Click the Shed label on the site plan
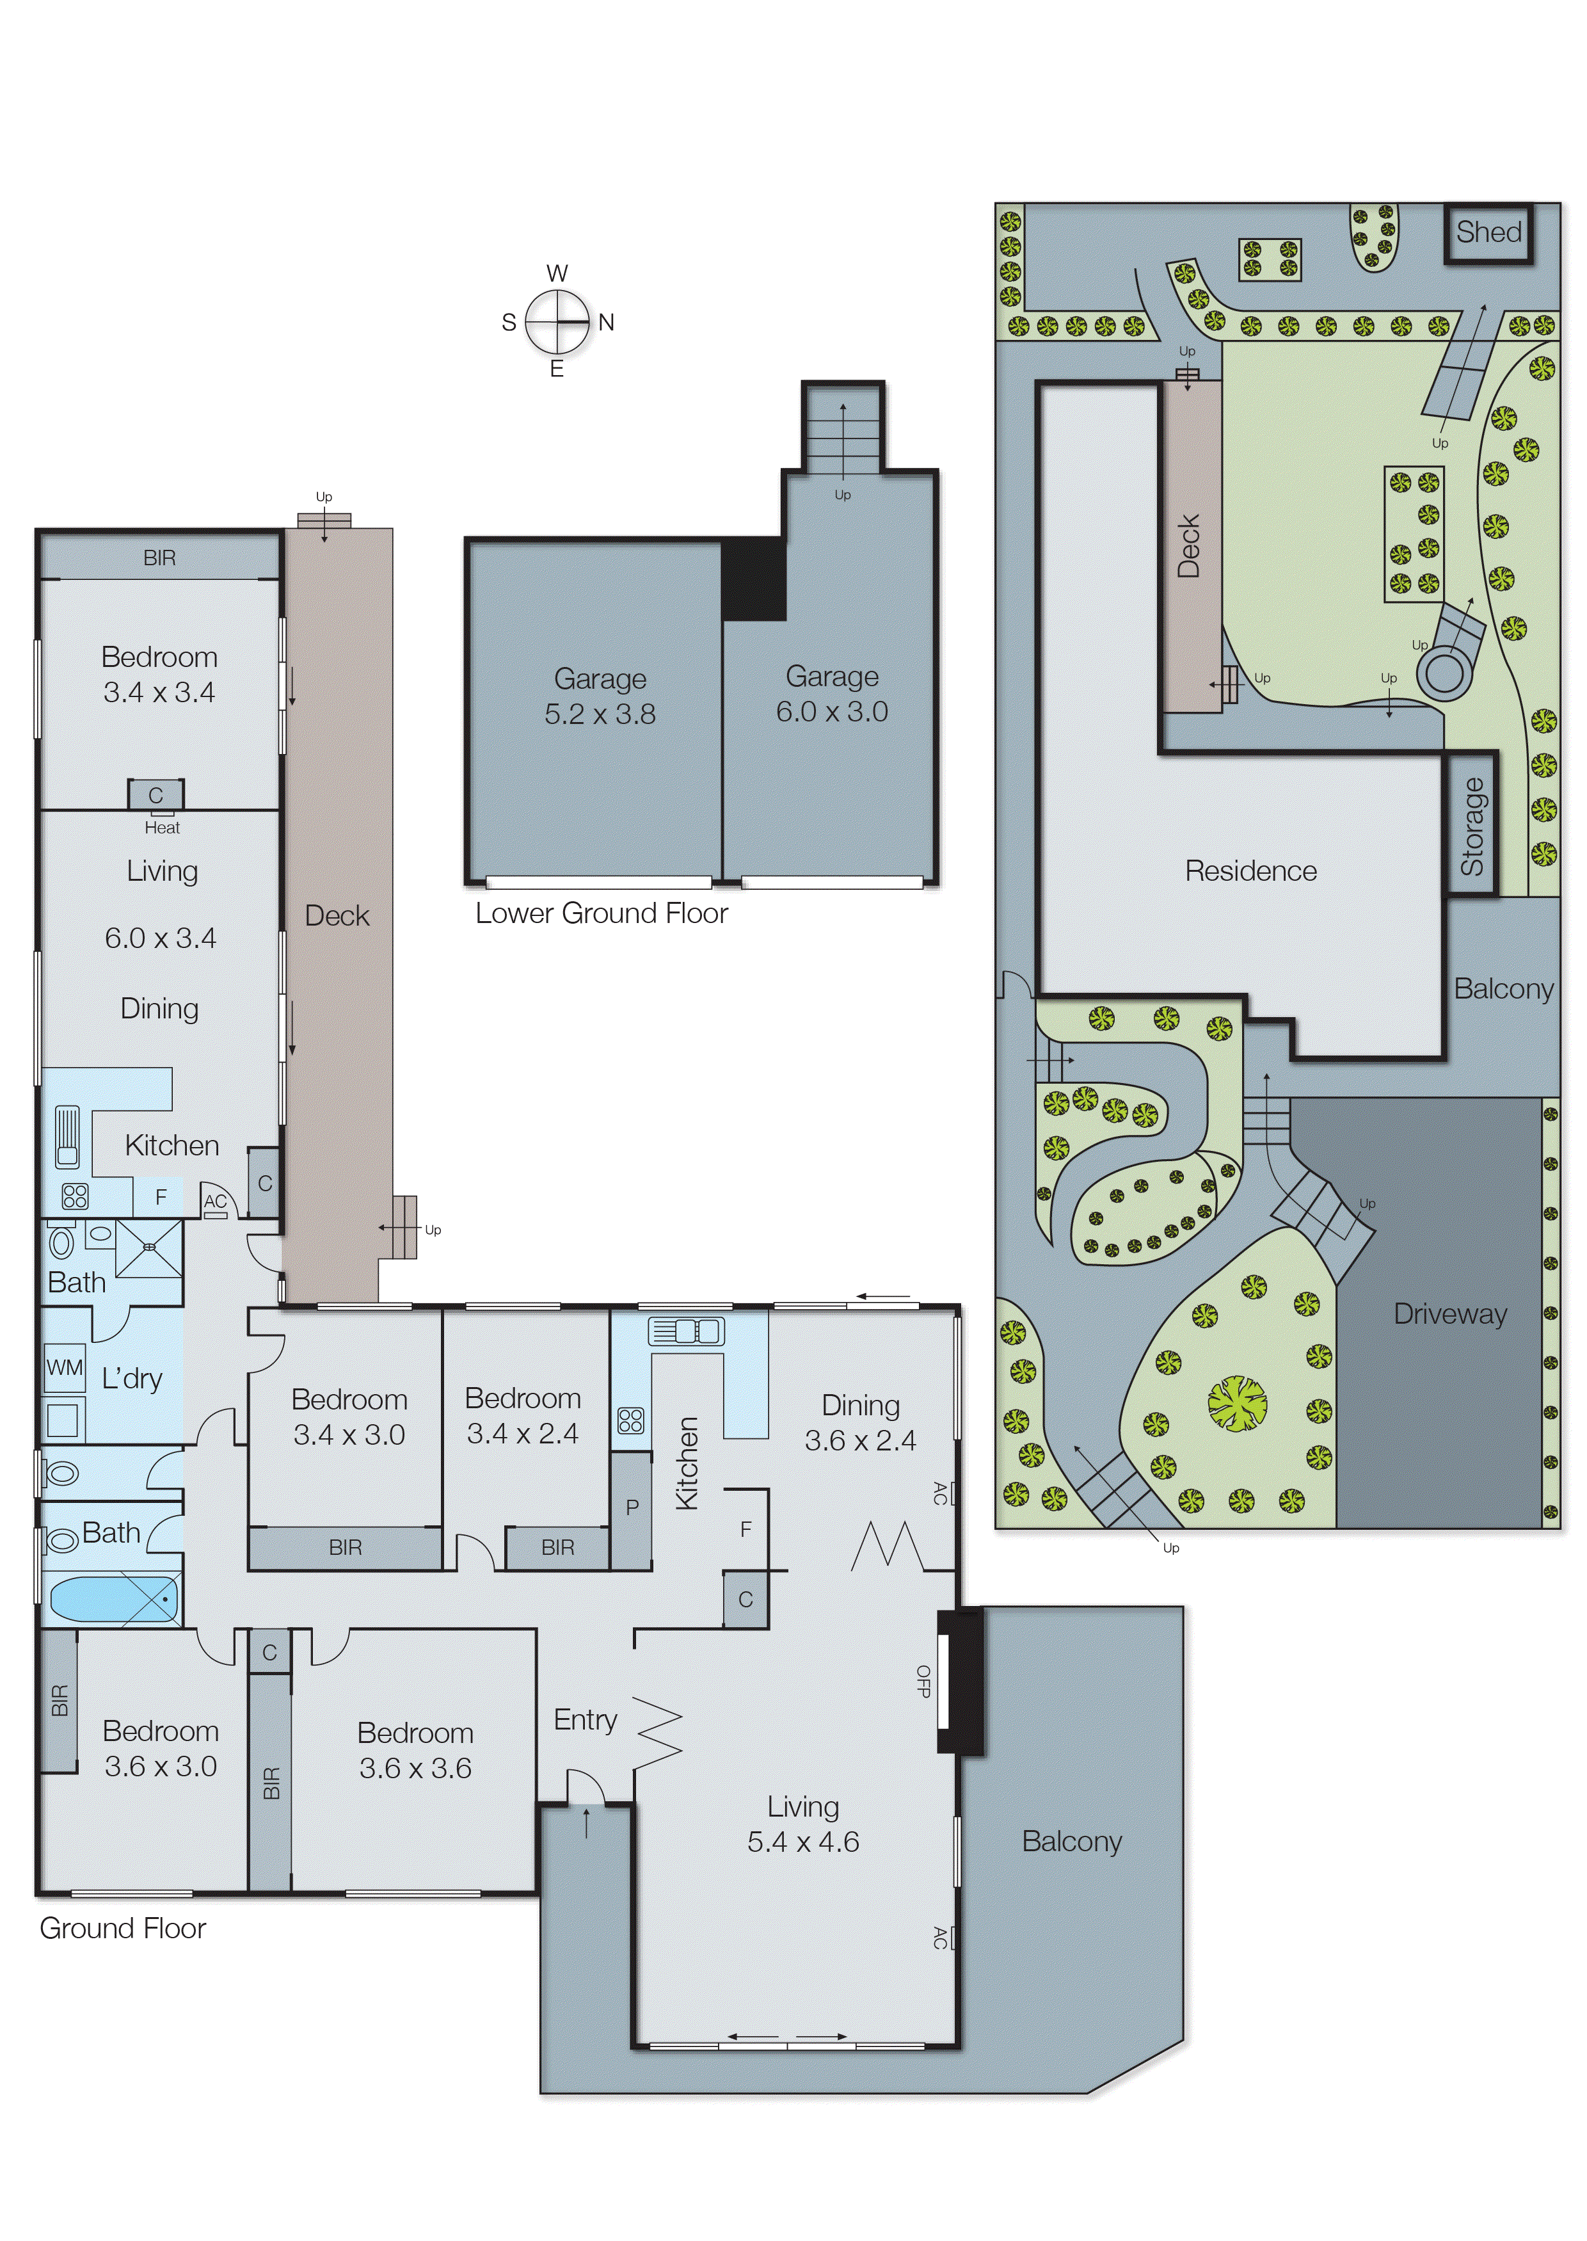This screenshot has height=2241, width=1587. coord(1488,232)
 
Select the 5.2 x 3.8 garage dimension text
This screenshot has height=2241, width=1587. coord(600,714)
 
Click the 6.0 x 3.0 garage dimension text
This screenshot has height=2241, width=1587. coord(832,712)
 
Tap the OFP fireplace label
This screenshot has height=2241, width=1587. coord(923,1680)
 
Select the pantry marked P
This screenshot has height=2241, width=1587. coord(632,1506)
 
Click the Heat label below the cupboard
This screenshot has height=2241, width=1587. coord(162,828)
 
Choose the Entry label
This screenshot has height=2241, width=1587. coord(586,1719)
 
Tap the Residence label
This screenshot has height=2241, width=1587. coord(1251,871)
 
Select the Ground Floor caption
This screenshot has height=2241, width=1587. coord(123,1928)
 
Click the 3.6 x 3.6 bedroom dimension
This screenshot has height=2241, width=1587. coord(415,1768)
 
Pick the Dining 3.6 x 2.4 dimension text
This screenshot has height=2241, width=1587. coord(860,1441)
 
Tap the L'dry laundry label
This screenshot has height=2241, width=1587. coord(132,1378)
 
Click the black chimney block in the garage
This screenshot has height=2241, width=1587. coord(753,579)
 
